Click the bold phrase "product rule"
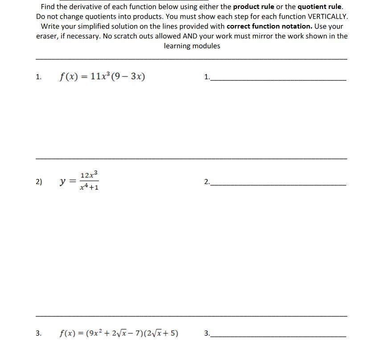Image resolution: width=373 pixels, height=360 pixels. click(x=254, y=7)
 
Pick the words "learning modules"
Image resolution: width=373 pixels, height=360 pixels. click(x=192, y=46)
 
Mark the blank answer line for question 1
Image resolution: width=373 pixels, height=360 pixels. click(x=279, y=80)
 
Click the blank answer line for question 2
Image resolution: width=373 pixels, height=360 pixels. click(x=279, y=184)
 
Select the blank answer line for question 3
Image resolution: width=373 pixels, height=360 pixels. click(x=279, y=336)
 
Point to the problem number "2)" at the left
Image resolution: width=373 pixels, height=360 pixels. click(x=39, y=181)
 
